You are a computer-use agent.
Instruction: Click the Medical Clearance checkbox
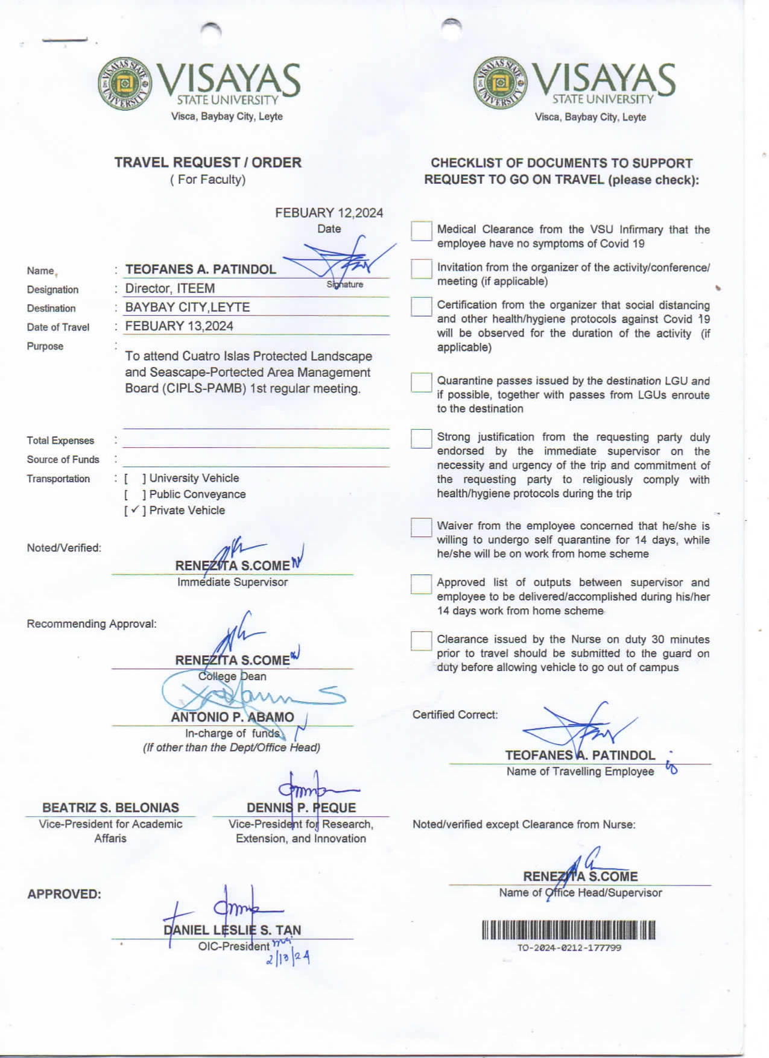tap(421, 231)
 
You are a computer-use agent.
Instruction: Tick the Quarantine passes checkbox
tap(421, 382)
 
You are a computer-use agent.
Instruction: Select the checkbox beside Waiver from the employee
tap(421, 527)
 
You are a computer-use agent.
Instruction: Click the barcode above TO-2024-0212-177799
tap(568, 930)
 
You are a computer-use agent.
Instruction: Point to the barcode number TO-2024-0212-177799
tap(569, 948)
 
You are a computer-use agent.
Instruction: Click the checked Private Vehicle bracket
tap(135, 510)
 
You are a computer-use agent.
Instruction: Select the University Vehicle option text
tap(194, 478)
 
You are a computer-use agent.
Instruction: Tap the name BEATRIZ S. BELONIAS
tap(110, 808)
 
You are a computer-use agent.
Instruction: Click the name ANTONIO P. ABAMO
tap(232, 717)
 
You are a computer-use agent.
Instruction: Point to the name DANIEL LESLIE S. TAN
tap(232, 930)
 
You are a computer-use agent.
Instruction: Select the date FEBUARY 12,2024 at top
tap(329, 213)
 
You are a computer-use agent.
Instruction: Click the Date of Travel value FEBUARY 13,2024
tap(179, 326)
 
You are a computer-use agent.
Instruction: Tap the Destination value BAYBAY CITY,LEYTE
tap(187, 307)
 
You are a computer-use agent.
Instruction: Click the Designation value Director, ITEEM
tap(170, 288)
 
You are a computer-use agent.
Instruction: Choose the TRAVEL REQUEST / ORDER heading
tap(207, 163)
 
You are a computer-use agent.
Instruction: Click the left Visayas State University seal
tap(125, 84)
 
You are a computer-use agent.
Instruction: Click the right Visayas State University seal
tap(500, 83)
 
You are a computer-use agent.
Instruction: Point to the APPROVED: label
tap(64, 894)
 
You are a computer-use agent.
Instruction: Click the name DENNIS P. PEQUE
tap(301, 808)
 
